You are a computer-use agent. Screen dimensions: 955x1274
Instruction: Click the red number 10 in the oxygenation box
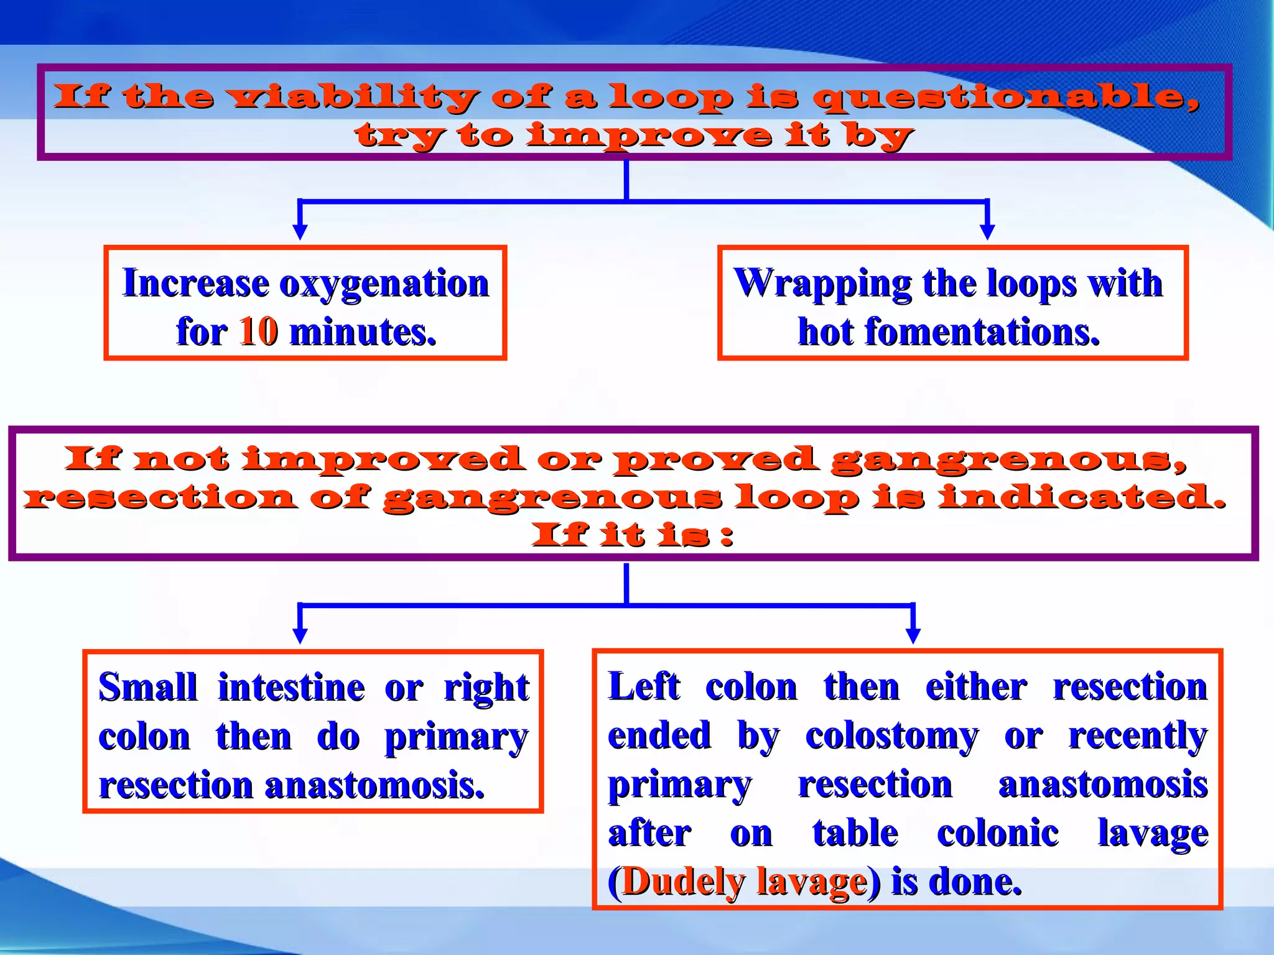258,331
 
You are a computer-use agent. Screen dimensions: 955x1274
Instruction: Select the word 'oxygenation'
384,284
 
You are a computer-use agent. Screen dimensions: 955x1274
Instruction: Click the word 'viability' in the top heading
352,98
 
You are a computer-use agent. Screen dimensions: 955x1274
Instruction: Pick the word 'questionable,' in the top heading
1006,98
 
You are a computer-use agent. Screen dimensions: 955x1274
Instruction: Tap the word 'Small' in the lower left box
147,688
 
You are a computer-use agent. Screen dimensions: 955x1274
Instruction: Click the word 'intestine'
291,688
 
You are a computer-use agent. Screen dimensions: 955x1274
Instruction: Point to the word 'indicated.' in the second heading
1082,497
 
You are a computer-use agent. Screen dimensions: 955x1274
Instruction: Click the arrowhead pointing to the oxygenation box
300,231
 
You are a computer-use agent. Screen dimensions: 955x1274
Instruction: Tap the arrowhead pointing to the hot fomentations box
987,231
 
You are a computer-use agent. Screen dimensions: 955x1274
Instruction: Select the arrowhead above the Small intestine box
300,635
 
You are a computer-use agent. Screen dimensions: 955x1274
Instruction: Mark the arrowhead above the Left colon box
913,635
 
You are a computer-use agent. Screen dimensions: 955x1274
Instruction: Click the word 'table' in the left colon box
855,833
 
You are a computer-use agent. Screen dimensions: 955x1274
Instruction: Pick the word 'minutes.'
363,331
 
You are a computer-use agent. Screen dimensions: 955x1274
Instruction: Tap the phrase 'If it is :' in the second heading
632,535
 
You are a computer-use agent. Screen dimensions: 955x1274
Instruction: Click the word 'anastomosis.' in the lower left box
374,785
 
